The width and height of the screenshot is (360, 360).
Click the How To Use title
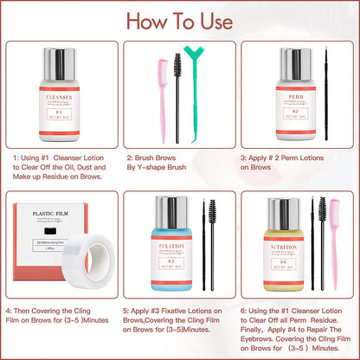click(x=180, y=20)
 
